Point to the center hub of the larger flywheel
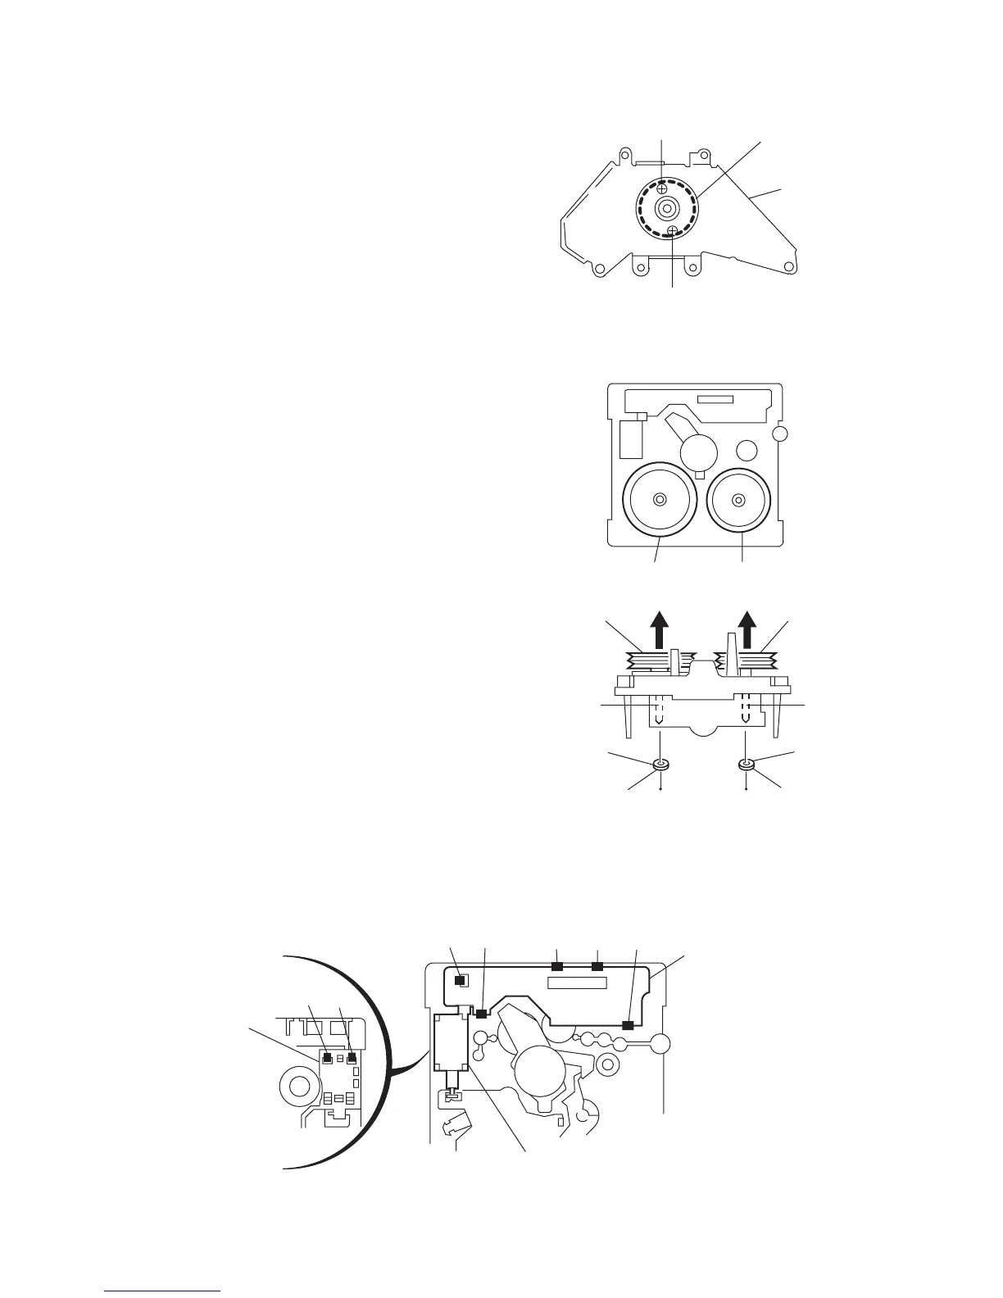tap(660, 500)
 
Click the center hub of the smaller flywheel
tap(739, 499)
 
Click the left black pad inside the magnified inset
tap(326, 1057)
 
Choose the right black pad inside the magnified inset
tap(352, 1057)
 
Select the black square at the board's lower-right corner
tap(628, 1025)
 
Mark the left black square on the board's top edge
tap(557, 968)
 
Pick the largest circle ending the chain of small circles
tap(660, 1044)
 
